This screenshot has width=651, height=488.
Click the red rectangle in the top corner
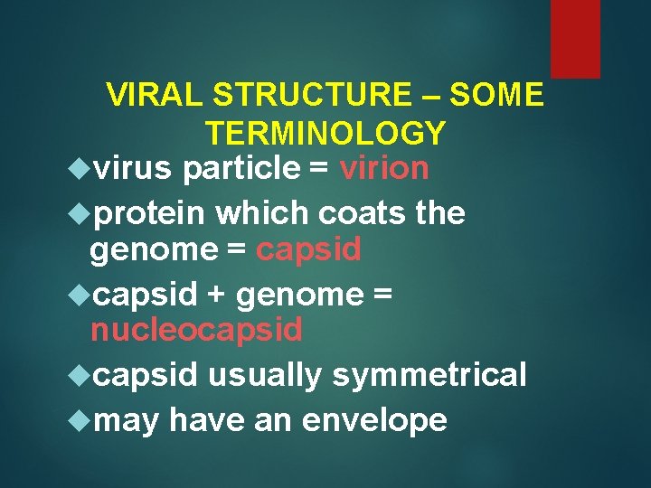[575, 38]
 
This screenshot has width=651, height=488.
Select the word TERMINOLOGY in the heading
[325, 134]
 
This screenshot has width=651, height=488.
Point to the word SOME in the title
[496, 95]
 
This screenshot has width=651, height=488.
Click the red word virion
[384, 168]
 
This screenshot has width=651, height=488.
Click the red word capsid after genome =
[308, 250]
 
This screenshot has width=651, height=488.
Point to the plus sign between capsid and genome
[217, 295]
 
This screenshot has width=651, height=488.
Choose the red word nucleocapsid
[196, 331]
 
